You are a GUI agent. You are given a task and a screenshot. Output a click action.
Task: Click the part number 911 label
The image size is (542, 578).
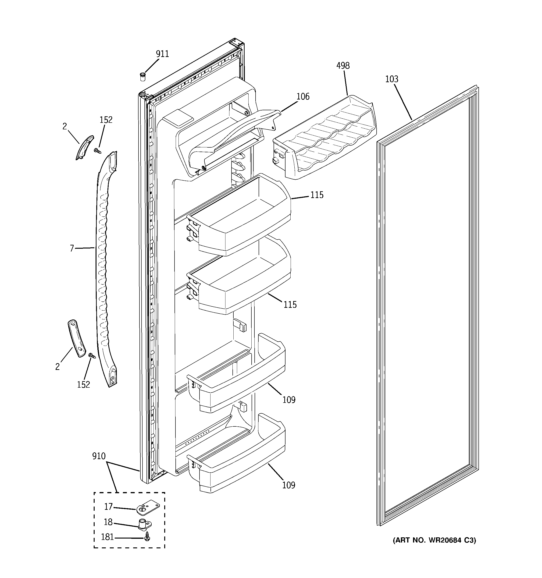coord(162,54)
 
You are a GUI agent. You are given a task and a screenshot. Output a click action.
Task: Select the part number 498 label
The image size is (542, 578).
coord(343,66)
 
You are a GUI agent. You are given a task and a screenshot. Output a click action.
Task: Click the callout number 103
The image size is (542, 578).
coord(392,79)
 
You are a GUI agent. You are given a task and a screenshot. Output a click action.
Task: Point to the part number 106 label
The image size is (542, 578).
coord(303,96)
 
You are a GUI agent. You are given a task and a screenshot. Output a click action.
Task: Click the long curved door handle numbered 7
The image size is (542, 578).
coord(102,262)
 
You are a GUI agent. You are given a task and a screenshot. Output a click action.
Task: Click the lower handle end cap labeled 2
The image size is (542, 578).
coord(77,338)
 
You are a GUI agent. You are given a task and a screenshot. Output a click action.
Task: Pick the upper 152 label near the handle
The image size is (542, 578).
coord(106,120)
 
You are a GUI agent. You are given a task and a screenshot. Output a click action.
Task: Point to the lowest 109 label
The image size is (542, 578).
coord(289,485)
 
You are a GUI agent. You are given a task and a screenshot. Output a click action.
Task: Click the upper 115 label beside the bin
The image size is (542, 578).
coord(317,195)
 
